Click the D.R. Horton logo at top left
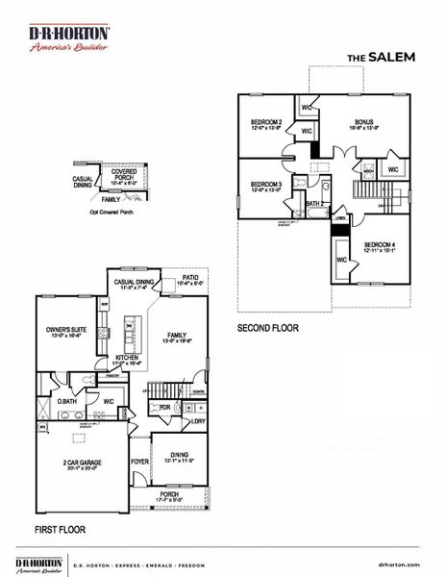68,38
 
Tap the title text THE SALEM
381,57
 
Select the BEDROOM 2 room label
266,122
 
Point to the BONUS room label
363,122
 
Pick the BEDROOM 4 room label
381,245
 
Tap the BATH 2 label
313,204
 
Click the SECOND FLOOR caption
268,328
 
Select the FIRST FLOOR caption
61,529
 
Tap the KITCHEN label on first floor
129,357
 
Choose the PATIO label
194,278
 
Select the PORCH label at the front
169,494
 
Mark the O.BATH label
66,401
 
